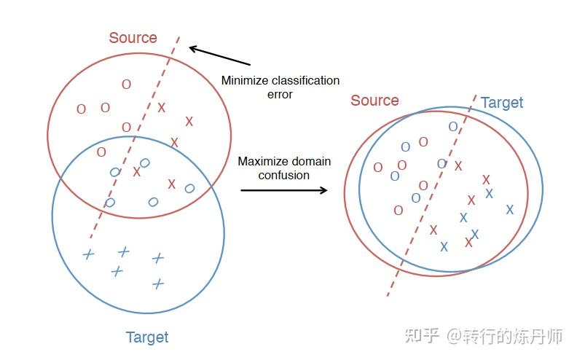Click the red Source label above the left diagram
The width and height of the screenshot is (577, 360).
[133, 38]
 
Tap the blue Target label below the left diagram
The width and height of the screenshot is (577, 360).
[146, 337]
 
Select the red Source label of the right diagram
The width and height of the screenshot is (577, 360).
[374, 101]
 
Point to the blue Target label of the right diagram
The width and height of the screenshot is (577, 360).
[502, 103]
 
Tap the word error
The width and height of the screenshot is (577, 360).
[279, 94]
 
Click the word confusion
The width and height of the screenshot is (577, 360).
[284, 175]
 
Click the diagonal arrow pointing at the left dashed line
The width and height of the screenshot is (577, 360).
[219, 56]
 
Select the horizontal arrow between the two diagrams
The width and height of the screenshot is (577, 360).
[283, 190]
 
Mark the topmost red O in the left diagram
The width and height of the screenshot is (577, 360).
[126, 85]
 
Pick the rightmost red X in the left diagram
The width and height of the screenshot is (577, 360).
[189, 121]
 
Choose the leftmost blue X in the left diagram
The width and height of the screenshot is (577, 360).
[88, 254]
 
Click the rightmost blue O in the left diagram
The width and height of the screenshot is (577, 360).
[189, 189]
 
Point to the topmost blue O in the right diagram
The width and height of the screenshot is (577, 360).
[453, 127]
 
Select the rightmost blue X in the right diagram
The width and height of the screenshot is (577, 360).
[509, 209]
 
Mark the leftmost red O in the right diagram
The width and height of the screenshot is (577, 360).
[377, 168]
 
